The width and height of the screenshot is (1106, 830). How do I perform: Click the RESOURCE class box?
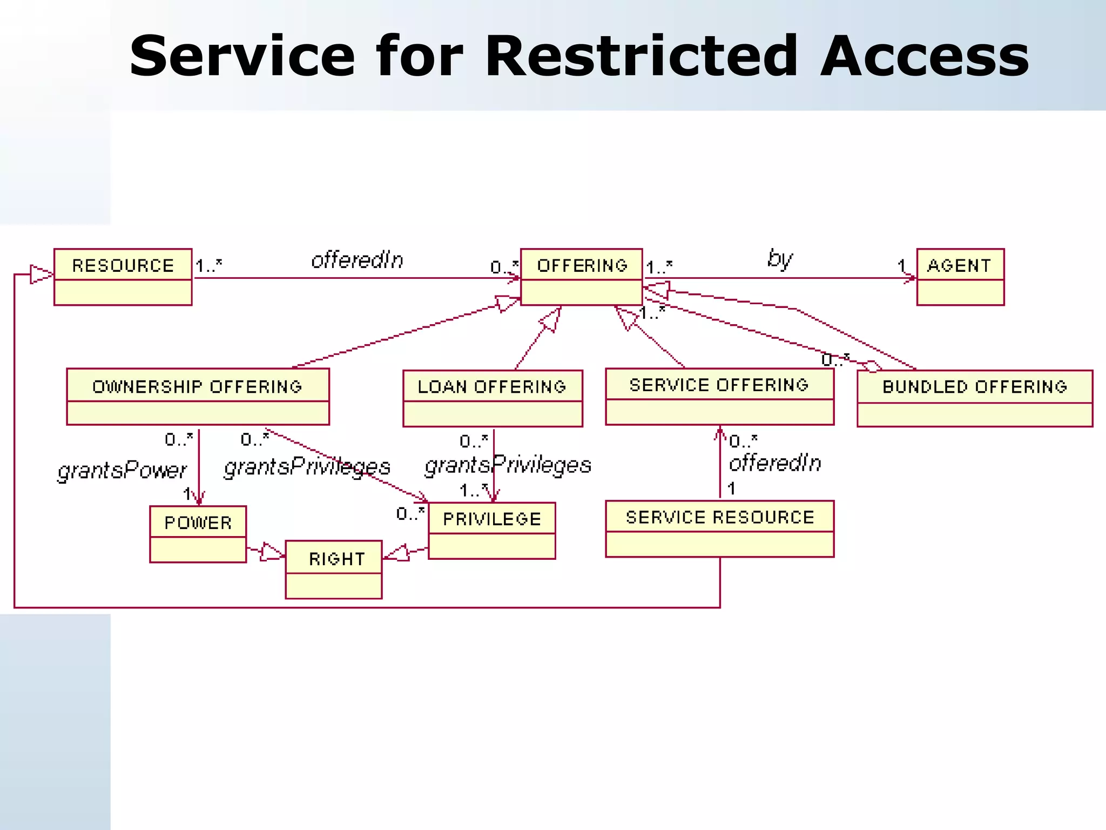click(123, 277)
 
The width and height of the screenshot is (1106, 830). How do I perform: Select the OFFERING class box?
click(581, 277)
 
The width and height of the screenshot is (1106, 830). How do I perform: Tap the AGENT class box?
click(960, 277)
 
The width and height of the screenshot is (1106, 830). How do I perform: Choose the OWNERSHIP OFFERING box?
click(198, 397)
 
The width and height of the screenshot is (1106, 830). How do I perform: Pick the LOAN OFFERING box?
click(493, 398)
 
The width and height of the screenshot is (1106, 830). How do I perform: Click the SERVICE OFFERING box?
click(719, 397)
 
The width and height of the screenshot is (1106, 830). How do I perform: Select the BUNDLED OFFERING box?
click(974, 398)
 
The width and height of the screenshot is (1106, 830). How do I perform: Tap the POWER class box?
click(198, 534)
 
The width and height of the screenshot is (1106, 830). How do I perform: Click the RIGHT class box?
click(334, 570)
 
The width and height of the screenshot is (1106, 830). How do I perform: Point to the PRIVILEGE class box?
click(491, 531)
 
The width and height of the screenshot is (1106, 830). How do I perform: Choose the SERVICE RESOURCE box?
click(719, 528)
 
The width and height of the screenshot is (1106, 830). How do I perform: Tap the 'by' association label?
click(779, 259)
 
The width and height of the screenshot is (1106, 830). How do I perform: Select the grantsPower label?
click(122, 470)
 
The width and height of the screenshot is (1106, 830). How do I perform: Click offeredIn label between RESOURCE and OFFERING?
click(357, 260)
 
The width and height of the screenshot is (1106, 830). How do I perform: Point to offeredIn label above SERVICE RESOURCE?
click(774, 463)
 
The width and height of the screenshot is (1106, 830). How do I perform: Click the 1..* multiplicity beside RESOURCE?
click(208, 266)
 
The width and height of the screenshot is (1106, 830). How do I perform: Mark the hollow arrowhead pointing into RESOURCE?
click(41, 275)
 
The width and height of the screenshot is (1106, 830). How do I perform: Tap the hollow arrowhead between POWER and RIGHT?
click(271, 552)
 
